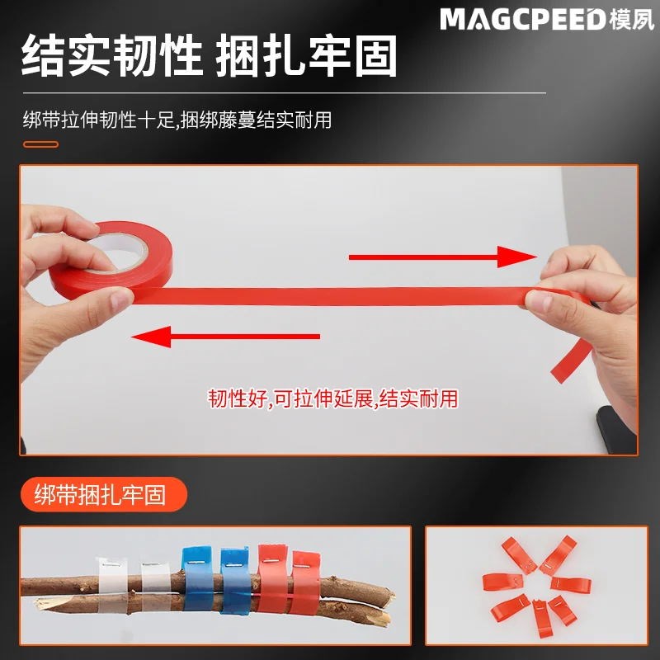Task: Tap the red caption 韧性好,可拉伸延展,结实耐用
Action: tap(332, 400)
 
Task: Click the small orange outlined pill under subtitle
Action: tap(40, 144)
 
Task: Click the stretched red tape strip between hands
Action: tap(330, 295)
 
